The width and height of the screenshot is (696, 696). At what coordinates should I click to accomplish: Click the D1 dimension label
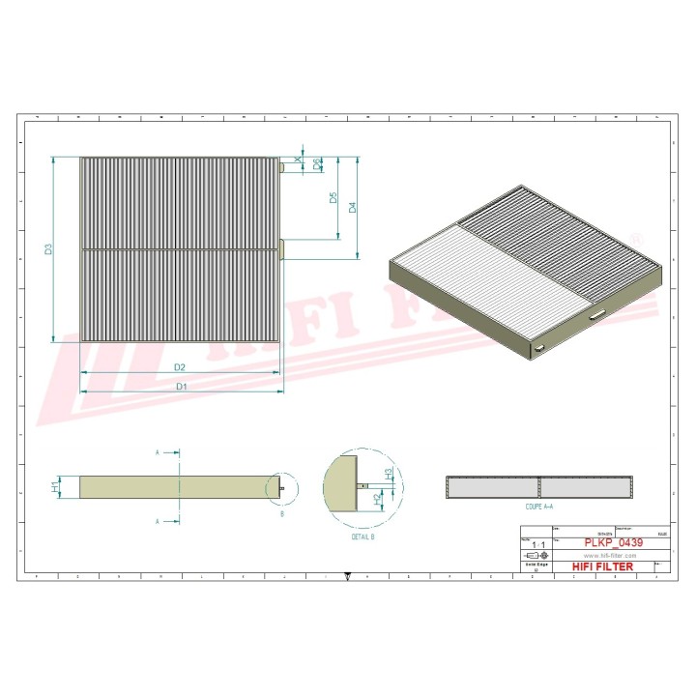pos(180,387)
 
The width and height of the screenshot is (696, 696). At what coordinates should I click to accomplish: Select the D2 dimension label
pos(180,367)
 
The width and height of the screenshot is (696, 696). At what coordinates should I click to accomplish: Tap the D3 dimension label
pos(49,249)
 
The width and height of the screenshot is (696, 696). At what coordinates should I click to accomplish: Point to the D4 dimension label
pos(353,207)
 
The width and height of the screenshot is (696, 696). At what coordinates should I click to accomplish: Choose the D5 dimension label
pos(333,198)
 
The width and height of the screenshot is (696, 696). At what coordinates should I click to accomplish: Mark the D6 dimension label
pos(318,165)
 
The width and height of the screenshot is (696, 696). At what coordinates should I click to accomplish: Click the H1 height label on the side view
pos(55,487)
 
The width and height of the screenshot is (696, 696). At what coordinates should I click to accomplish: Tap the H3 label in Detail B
pos(388,475)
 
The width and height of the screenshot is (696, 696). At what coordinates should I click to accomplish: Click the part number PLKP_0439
pos(610,543)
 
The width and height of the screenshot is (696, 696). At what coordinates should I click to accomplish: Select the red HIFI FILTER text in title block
pos(602,566)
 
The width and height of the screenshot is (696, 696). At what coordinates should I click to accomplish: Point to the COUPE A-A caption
pos(538,507)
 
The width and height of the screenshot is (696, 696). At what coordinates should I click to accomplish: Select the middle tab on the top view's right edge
pos(282,248)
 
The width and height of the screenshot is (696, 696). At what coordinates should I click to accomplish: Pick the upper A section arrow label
pos(158,451)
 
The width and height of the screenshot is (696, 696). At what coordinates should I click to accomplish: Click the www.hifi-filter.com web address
pos(610,556)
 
